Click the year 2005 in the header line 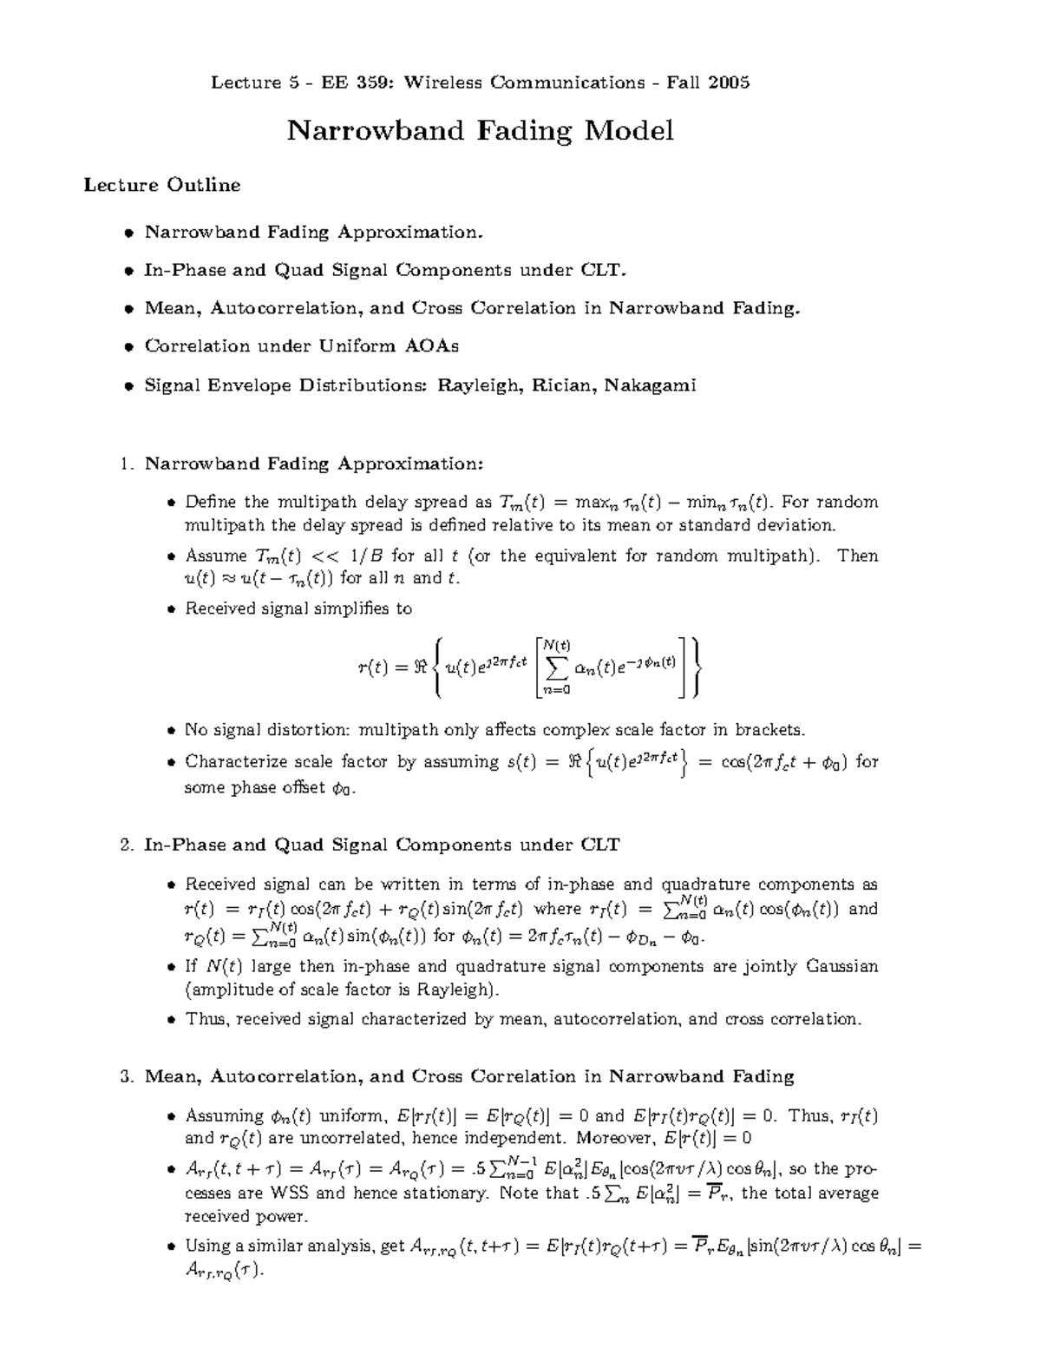tap(729, 82)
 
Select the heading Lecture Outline tap(161, 185)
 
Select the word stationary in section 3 tap(449, 1193)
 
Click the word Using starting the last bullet tap(206, 1246)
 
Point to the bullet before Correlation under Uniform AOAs tap(128, 347)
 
